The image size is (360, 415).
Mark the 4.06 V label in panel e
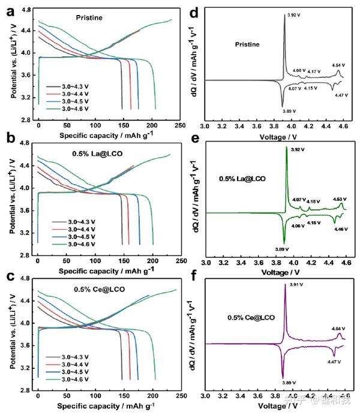[x=281, y=226]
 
